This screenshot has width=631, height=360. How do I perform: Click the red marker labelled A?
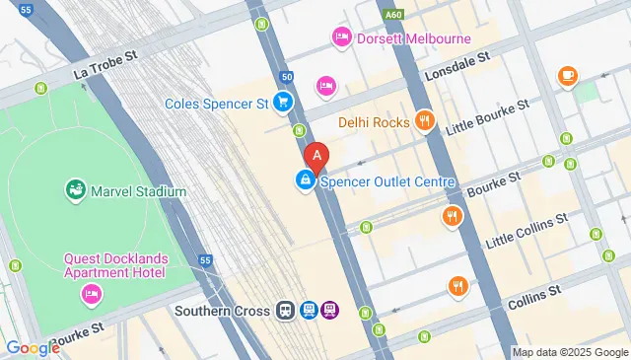[x=315, y=156]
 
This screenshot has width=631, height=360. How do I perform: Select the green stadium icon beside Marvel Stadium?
[x=75, y=188]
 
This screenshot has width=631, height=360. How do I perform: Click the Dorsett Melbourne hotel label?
[x=414, y=38]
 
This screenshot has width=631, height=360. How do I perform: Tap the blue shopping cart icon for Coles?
[x=283, y=102]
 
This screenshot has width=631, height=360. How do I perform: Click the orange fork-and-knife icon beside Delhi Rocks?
[x=425, y=121]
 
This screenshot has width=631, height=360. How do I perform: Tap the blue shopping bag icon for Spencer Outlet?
[x=306, y=181]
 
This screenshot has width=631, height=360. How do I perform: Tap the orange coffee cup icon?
[x=567, y=76]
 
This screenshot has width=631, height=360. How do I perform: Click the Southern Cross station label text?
[x=222, y=311]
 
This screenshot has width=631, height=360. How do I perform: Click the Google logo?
[x=34, y=347]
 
